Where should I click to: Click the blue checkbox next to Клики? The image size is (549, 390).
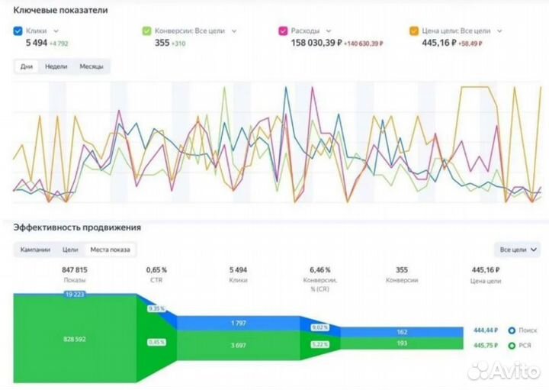(18, 31)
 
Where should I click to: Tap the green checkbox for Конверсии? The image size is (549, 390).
(146, 31)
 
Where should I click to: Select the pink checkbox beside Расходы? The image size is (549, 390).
(283, 31)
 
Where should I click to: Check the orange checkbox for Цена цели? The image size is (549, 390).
(414, 31)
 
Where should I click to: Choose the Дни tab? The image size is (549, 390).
(27, 67)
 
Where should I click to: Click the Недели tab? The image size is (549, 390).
(56, 67)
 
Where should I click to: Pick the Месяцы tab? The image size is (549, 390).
(91, 67)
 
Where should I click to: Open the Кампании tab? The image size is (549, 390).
(35, 250)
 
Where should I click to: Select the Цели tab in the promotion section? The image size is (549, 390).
(70, 250)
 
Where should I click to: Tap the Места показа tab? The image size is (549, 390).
(110, 250)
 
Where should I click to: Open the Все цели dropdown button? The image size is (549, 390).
(518, 250)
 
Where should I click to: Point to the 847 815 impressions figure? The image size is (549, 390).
(74, 269)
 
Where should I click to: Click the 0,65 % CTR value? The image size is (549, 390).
(156, 269)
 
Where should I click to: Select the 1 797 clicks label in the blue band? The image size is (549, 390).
(239, 323)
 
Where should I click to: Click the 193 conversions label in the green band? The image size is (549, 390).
(402, 344)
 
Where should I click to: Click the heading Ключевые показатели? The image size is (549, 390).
(60, 11)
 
